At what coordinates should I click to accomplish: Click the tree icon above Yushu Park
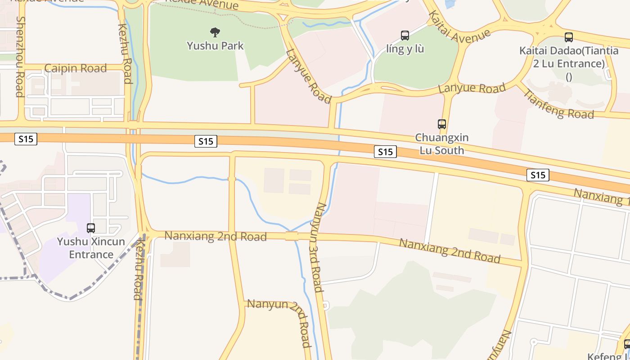tap(215, 32)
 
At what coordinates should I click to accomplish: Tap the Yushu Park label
tap(215, 45)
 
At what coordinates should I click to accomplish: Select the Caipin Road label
tap(76, 68)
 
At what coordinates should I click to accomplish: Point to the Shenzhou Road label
tap(20, 57)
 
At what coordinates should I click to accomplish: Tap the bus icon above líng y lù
tap(405, 35)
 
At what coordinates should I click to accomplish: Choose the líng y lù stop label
tap(405, 49)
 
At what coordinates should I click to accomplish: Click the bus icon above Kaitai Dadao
tap(569, 37)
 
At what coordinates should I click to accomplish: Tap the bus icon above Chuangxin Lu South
tap(442, 124)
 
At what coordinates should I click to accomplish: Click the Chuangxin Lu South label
tap(442, 144)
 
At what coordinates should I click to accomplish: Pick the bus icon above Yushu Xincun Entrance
tap(91, 228)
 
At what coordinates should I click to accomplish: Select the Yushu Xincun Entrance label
tap(91, 248)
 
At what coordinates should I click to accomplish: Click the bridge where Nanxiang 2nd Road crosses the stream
tap(292, 236)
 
